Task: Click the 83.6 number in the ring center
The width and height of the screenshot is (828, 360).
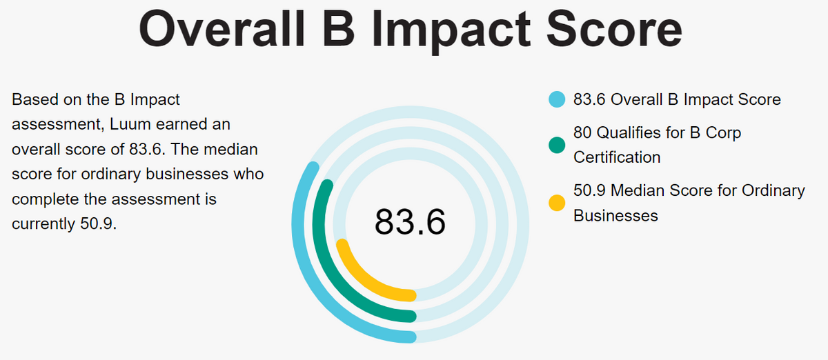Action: click(x=410, y=222)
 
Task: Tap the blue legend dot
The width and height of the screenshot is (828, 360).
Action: click(x=557, y=99)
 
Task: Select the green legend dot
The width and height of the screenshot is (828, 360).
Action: click(x=557, y=145)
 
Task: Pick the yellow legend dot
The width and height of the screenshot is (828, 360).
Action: click(x=557, y=203)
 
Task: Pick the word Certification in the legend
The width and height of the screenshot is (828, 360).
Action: click(x=617, y=157)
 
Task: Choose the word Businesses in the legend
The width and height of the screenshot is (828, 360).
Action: click(x=615, y=215)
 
